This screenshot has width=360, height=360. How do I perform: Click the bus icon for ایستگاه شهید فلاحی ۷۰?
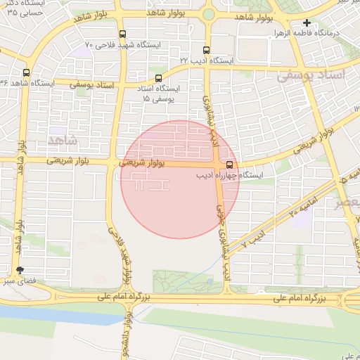tap(123, 34)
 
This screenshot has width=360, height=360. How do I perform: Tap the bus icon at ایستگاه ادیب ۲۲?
tap(206, 50)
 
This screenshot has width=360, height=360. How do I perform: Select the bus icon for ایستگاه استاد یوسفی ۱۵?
tap(158, 78)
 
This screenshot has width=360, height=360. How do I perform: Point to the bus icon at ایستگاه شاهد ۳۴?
tap(26, 72)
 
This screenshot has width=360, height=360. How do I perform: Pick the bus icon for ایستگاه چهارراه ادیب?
tap(229, 165)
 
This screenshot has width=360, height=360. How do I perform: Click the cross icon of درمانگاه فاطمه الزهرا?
tap(307, 22)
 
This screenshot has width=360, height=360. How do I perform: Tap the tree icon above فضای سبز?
tap(19, 270)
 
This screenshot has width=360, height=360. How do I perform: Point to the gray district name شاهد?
tap(61, 141)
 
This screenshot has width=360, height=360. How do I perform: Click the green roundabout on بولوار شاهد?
tap(208, 14)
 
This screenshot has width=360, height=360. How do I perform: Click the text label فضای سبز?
tap(20, 281)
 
